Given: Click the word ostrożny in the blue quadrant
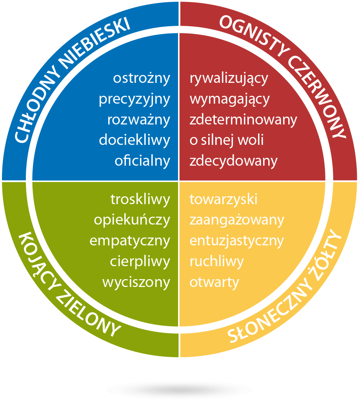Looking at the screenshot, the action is point(142,79).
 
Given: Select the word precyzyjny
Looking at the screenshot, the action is point(135,99).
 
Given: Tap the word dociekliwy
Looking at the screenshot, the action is point(135,140).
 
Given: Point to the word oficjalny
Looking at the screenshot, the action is point(142,161).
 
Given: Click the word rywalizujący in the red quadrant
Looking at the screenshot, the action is point(229,79).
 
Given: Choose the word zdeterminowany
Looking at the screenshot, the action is point(243,120).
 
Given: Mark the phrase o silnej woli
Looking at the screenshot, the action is point(227,140).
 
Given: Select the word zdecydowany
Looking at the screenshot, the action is point(233,161).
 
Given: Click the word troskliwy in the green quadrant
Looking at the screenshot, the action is point(140,199).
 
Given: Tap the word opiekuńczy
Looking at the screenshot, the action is point(132,220).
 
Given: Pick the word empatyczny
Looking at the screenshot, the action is point(130,241).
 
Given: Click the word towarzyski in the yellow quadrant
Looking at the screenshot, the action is point(223,199).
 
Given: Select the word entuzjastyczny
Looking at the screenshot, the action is point(236,241).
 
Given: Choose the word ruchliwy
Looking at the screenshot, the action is point(216,262).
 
